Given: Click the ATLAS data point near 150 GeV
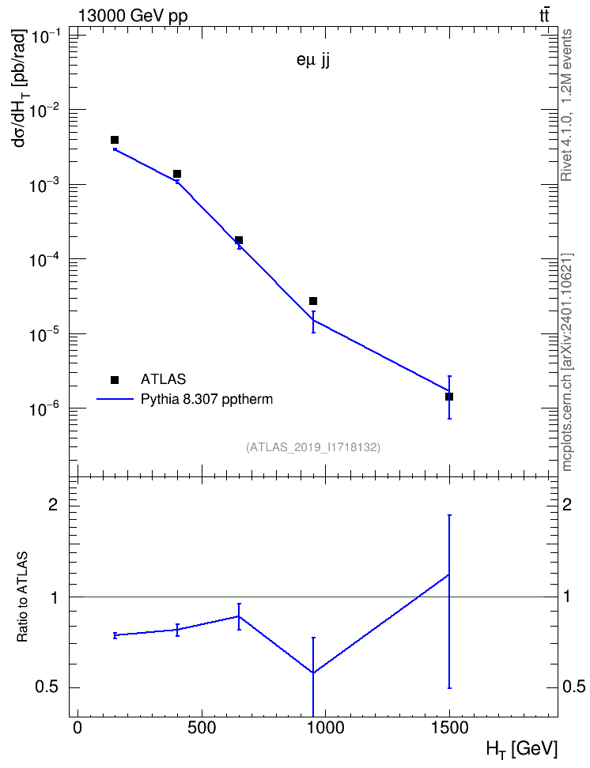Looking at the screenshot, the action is point(115,140).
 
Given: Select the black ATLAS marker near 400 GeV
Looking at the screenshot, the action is point(177,174).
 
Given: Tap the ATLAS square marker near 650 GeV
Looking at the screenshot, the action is point(239,240).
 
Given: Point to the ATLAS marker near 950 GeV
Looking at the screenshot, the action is point(313,301).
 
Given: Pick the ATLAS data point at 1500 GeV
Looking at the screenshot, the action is point(448,396).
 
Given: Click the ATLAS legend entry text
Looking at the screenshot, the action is point(163,379).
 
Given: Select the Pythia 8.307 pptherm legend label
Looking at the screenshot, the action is point(206,399).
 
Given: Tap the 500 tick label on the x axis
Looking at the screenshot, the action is point(202,728).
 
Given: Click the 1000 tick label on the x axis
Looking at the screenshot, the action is point(325,728).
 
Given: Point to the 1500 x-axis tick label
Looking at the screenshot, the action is point(448,728).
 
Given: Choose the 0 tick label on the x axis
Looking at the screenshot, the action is point(78,728).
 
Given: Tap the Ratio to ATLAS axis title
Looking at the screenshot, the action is point(22,597).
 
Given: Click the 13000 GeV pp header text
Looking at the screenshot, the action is point(132,16).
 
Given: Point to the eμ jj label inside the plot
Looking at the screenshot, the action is point(313,61).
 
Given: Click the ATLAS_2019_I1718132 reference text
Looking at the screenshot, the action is point(313,447).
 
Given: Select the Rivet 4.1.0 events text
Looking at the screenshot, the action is point(566,105).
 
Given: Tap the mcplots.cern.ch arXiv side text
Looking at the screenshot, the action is point(566,362).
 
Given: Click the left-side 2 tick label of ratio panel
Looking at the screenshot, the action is point(53,505).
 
